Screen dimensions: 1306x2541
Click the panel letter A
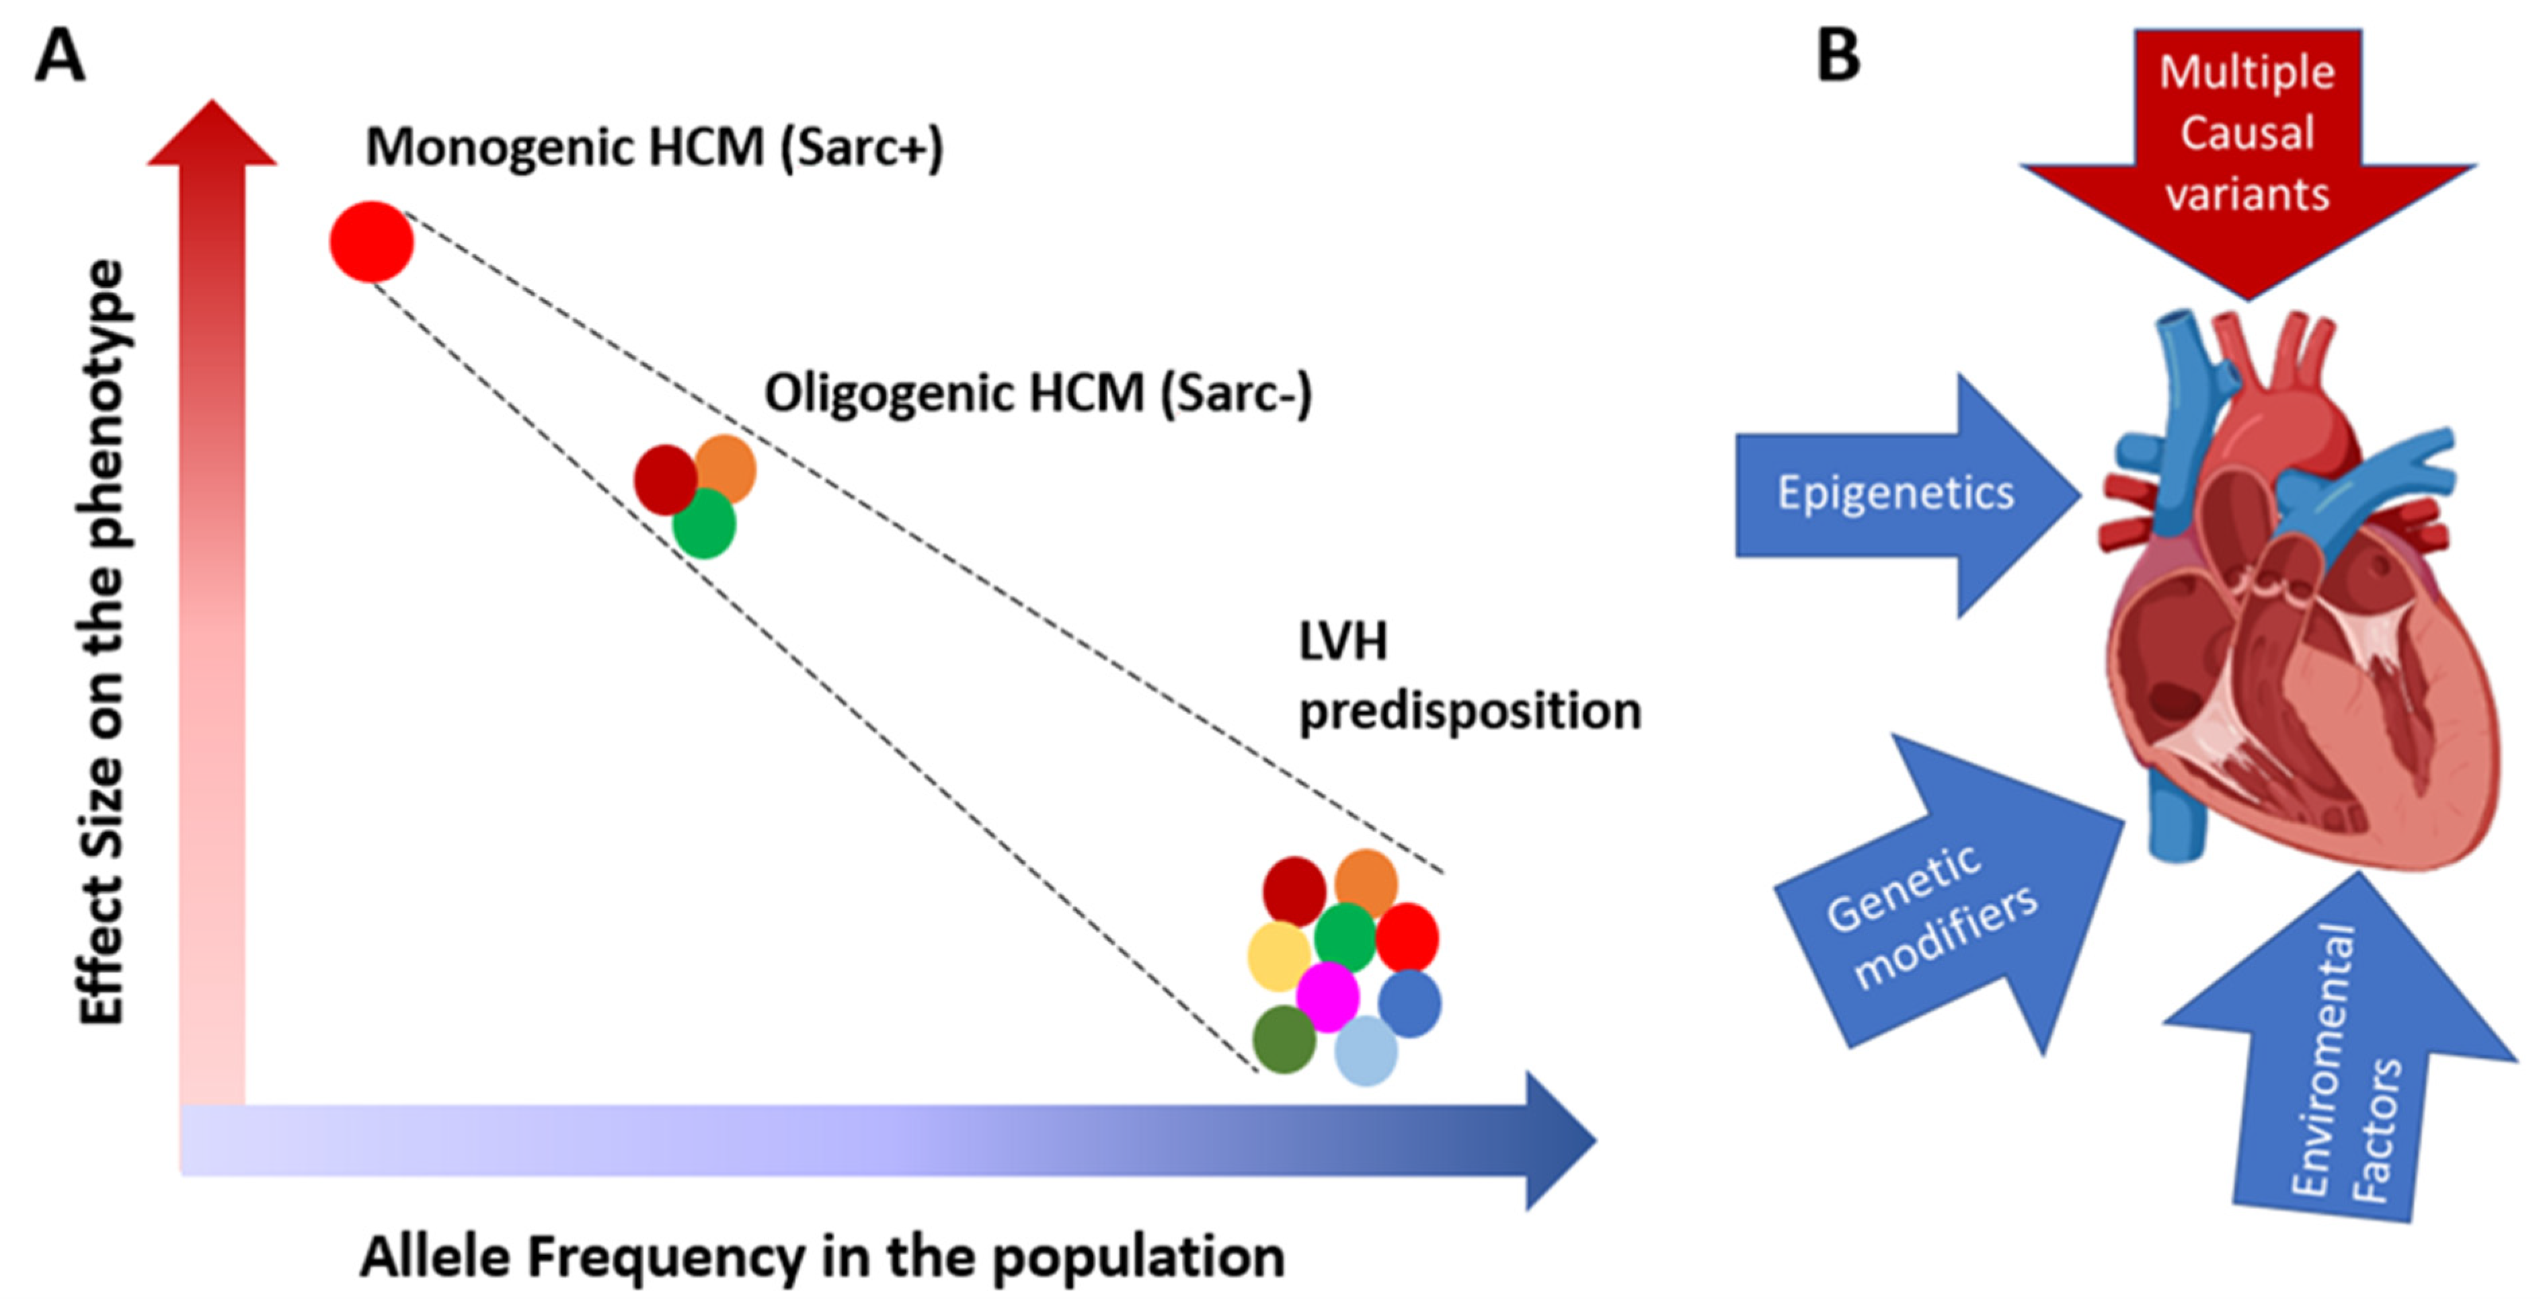coord(59,56)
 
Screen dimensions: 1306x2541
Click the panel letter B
coord(1838,56)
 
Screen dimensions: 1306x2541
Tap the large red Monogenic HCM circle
coord(371,241)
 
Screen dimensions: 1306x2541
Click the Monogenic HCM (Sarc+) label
coord(654,148)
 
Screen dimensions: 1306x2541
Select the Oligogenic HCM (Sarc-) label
coord(1038,393)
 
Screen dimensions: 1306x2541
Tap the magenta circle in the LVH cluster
coord(1327,996)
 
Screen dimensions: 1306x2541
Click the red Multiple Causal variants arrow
coord(2247,148)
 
